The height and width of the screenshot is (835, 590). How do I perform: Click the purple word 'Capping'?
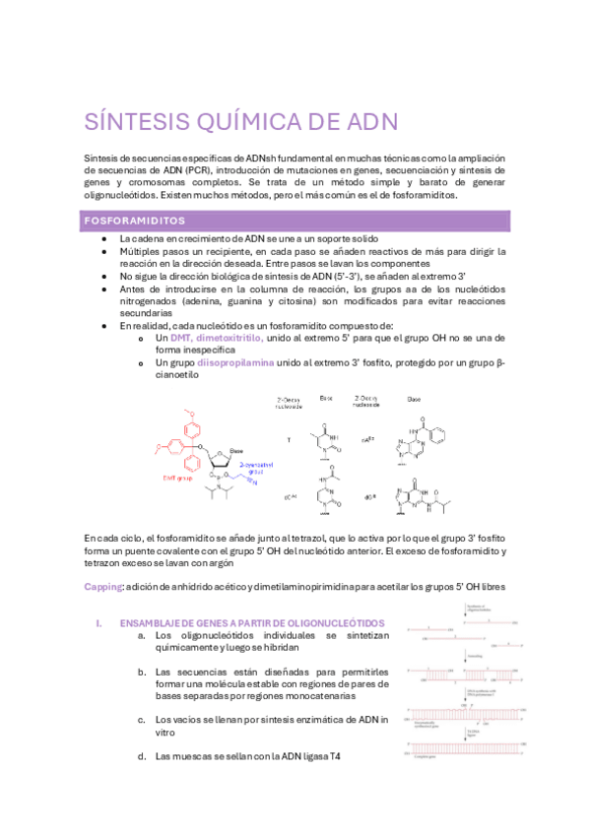pyautogui.click(x=102, y=586)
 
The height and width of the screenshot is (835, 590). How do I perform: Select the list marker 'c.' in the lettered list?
pyautogui.click(x=143, y=720)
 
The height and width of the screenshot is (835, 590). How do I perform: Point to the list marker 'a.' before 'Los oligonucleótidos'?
pyautogui.click(x=143, y=635)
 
